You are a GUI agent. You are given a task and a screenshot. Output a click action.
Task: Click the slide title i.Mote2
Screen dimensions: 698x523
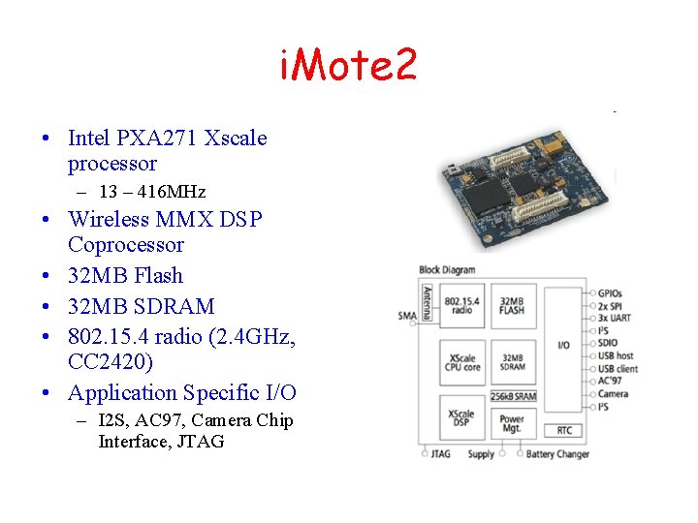(348, 66)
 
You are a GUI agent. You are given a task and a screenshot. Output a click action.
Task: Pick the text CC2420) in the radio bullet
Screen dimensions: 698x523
(111, 362)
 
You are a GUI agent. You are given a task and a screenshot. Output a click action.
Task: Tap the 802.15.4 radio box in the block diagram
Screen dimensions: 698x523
(462, 304)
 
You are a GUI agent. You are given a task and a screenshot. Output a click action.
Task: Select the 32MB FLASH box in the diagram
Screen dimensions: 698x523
(512, 304)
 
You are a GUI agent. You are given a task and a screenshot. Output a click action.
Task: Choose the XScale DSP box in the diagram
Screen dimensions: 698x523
(462, 417)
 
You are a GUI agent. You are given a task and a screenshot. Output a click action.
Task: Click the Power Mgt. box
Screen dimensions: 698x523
(512, 424)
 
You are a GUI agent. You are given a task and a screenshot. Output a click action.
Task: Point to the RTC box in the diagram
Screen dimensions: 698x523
(563, 430)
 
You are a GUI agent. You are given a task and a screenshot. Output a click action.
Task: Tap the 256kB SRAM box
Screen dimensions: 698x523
(512, 395)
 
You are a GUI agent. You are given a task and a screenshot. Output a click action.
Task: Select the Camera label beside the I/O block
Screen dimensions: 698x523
(613, 394)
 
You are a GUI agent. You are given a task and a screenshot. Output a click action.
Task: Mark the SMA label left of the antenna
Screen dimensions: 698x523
(407, 316)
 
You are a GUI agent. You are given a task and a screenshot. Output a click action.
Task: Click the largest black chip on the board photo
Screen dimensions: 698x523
(482, 196)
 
